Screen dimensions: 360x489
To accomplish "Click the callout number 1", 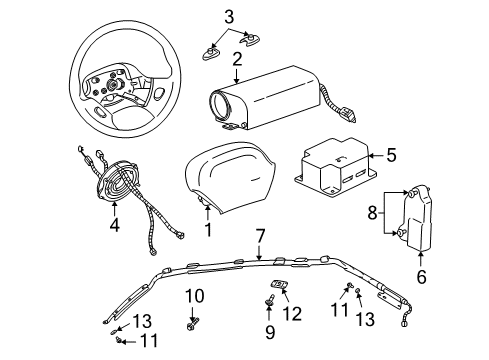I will pyautogui.click(x=208, y=230).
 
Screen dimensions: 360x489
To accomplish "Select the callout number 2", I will pyautogui.click(x=236, y=59).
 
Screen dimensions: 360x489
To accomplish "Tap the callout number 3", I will pyautogui.click(x=229, y=16).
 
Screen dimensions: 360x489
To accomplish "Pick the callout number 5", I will pyautogui.click(x=392, y=154).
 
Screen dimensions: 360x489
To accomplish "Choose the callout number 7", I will pyautogui.click(x=259, y=235).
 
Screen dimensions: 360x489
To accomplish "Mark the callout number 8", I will pyautogui.click(x=372, y=212).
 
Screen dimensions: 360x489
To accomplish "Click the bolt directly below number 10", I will pyautogui.click(x=193, y=323).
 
